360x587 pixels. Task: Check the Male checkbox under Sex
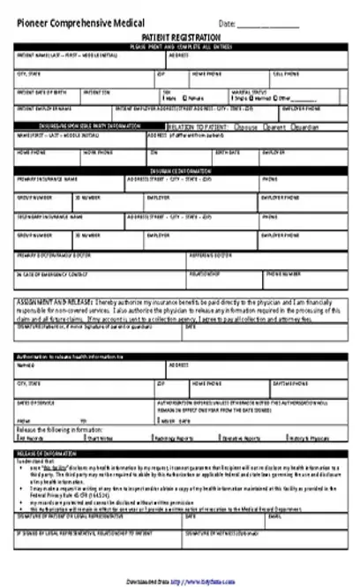[x=164, y=99]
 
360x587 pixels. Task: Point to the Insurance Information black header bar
[x=180, y=169]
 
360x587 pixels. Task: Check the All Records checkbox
[x=18, y=437]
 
